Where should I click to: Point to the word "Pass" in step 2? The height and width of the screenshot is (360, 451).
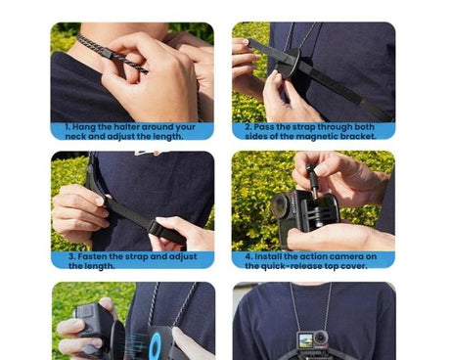268,127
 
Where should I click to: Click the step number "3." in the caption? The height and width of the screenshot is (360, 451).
72,256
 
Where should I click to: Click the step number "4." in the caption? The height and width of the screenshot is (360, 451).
248,256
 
